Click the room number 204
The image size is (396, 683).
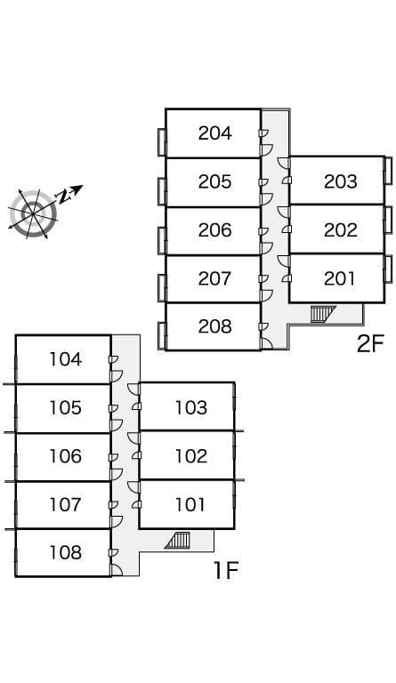pos(214,133)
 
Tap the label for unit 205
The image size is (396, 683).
pos(214,181)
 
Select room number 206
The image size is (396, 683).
pos(214,230)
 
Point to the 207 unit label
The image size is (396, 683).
pos(214,278)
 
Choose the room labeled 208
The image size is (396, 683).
pos(214,326)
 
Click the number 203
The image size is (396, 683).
pos(340,181)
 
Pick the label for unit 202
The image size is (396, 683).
pos(340,230)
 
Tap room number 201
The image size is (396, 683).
pos(339,278)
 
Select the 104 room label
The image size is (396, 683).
pos(65,360)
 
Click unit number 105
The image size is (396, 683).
pos(65,408)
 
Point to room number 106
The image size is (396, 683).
pos(65,456)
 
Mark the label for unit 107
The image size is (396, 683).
pos(65,505)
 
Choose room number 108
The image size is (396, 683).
pos(65,553)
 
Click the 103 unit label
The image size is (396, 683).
pos(190,408)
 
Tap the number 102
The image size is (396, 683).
pos(190,456)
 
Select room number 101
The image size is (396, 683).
pos(190,505)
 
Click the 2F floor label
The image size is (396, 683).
pos(370,344)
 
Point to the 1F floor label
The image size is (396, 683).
pos(226,571)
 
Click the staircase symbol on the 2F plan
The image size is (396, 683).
pos(323,314)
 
